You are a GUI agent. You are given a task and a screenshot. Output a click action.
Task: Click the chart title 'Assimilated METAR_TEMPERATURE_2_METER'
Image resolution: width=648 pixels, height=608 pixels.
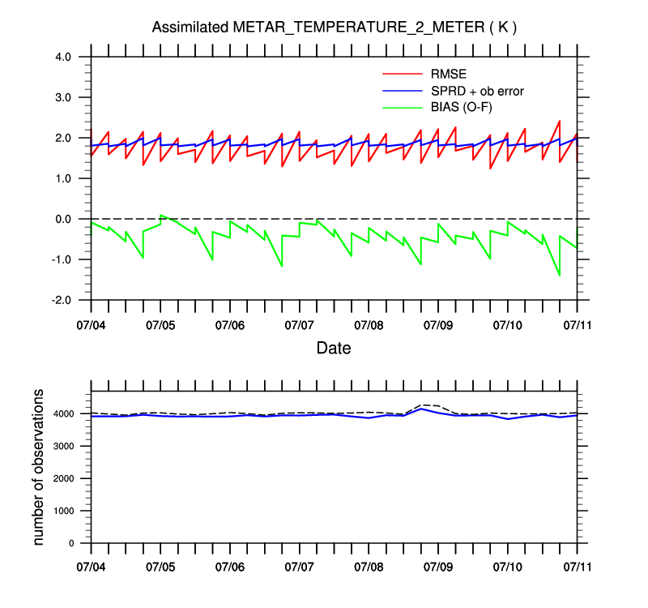pyautogui.click(x=335, y=28)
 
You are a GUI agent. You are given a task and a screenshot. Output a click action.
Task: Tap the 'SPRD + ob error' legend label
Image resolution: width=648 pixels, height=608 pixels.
pyautogui.click(x=477, y=91)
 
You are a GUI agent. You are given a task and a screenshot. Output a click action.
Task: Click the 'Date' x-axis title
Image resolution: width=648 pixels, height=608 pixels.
pyautogui.click(x=334, y=348)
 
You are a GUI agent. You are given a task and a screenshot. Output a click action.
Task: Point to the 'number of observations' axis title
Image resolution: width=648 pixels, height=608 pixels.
pyautogui.click(x=38, y=466)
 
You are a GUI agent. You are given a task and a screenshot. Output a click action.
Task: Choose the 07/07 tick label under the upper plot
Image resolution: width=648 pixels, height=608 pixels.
pyautogui.click(x=299, y=325)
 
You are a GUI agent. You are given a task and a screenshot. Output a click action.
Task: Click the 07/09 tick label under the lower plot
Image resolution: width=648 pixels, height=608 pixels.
pyautogui.click(x=438, y=566)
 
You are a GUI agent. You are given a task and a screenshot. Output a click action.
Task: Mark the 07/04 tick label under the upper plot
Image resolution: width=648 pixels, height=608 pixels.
pyautogui.click(x=91, y=325)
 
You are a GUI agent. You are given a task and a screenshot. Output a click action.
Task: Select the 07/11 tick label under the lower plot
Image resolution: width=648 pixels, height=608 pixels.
pyautogui.click(x=577, y=566)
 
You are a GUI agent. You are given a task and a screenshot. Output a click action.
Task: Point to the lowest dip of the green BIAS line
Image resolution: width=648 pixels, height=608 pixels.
pyautogui.click(x=559, y=276)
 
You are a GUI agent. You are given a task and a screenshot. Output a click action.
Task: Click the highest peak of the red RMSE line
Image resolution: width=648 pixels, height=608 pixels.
pyautogui.click(x=559, y=121)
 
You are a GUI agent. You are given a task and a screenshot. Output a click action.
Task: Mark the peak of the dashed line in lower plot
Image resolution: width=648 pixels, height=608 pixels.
pyautogui.click(x=421, y=405)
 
